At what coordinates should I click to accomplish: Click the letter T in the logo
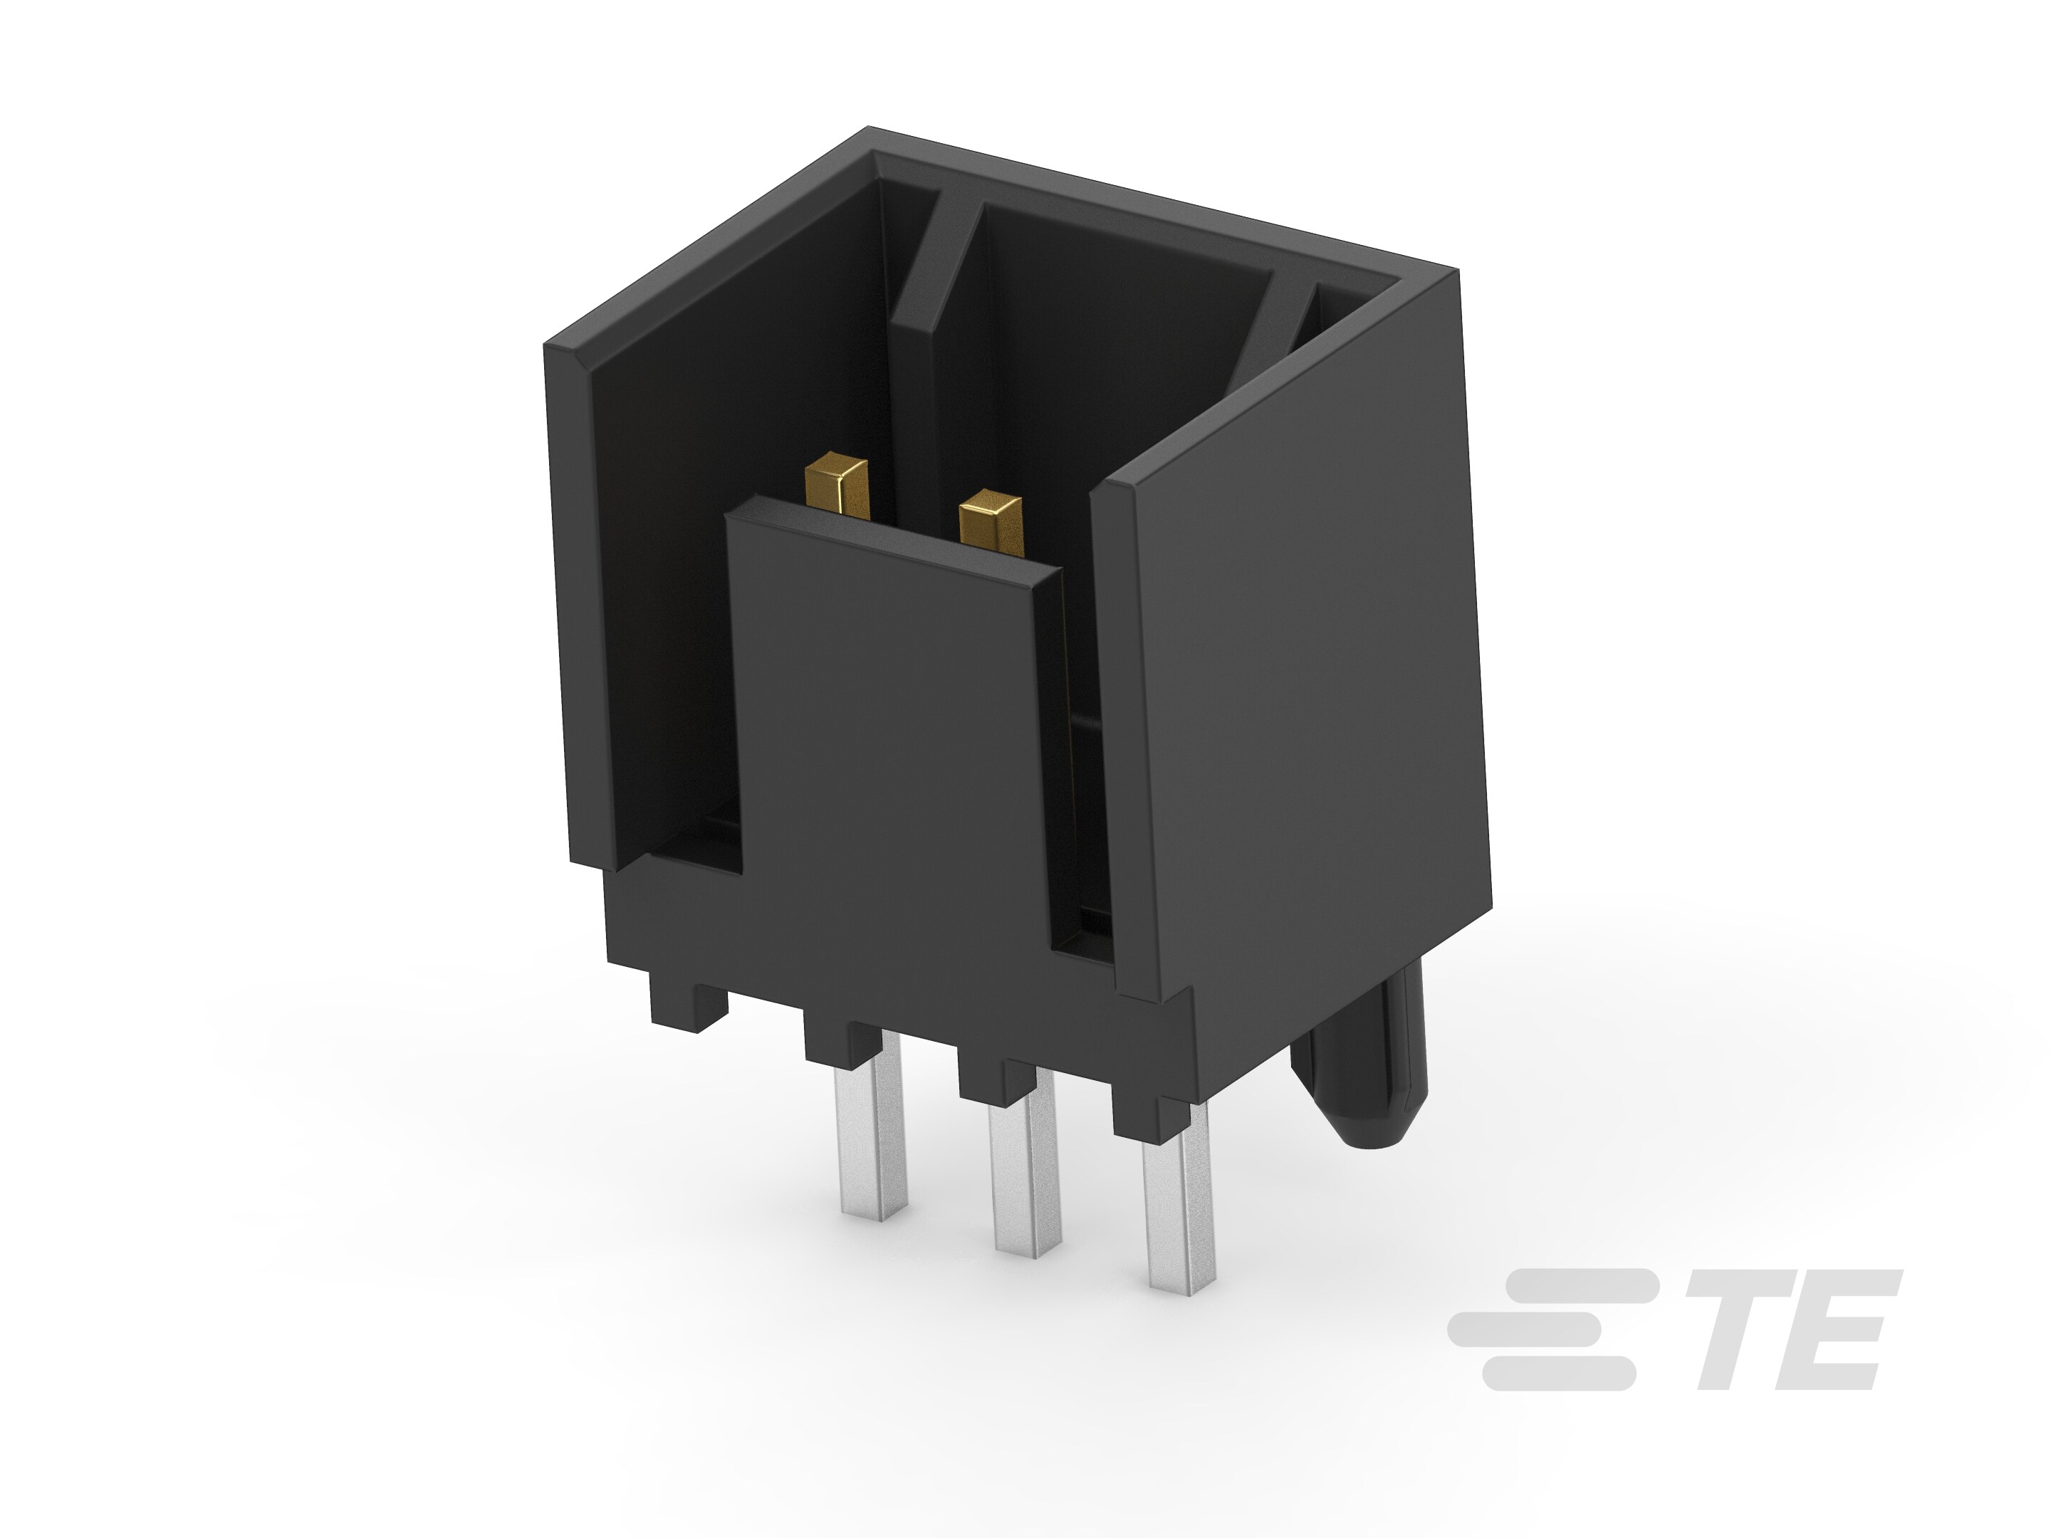coord(1747,1330)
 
